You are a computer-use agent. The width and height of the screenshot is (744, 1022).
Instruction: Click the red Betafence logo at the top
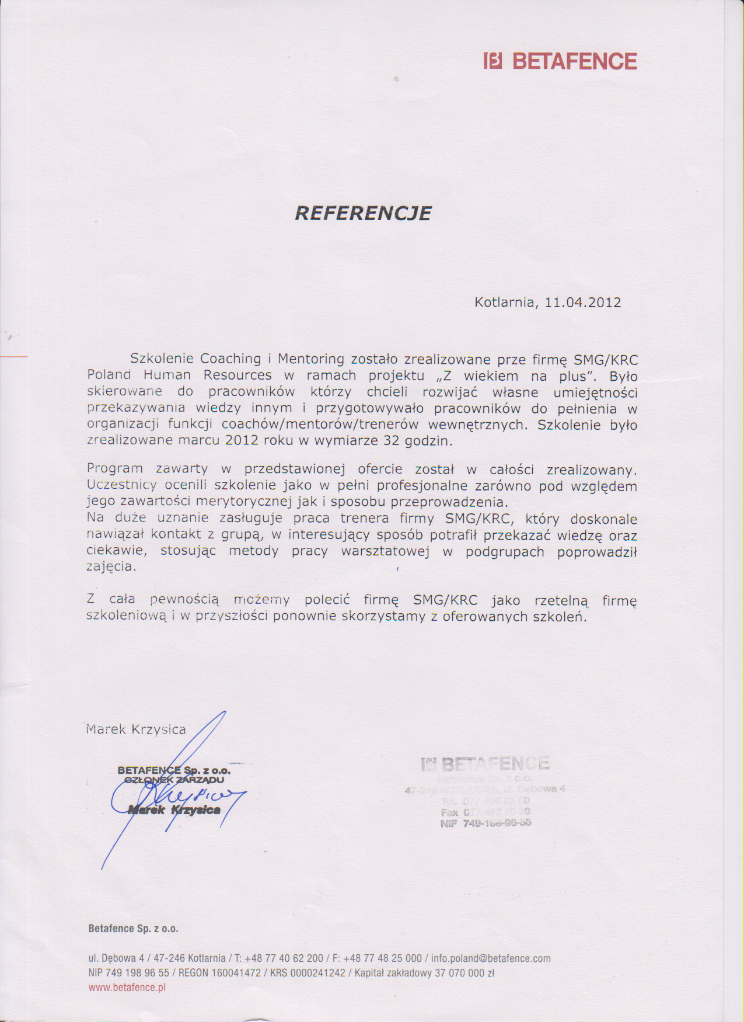click(560, 61)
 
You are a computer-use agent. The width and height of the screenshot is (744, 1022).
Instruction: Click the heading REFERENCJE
click(363, 213)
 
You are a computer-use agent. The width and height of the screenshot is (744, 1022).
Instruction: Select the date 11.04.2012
click(582, 303)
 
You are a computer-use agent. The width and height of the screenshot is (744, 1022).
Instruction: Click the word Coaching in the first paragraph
click(230, 359)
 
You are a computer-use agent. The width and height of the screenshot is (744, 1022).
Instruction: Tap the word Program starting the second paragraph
click(115, 468)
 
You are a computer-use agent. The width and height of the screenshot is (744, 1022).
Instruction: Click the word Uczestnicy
click(122, 485)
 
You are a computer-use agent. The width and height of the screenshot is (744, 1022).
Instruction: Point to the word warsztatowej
click(385, 552)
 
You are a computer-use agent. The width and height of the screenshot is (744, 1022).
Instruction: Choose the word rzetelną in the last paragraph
click(561, 601)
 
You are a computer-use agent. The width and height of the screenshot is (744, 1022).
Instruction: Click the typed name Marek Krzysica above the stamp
click(136, 729)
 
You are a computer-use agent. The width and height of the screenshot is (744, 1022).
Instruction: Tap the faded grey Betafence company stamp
click(485, 791)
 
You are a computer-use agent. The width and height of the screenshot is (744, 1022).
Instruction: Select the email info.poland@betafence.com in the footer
click(491, 958)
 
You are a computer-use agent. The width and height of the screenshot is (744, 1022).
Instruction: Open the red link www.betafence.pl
click(127, 988)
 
